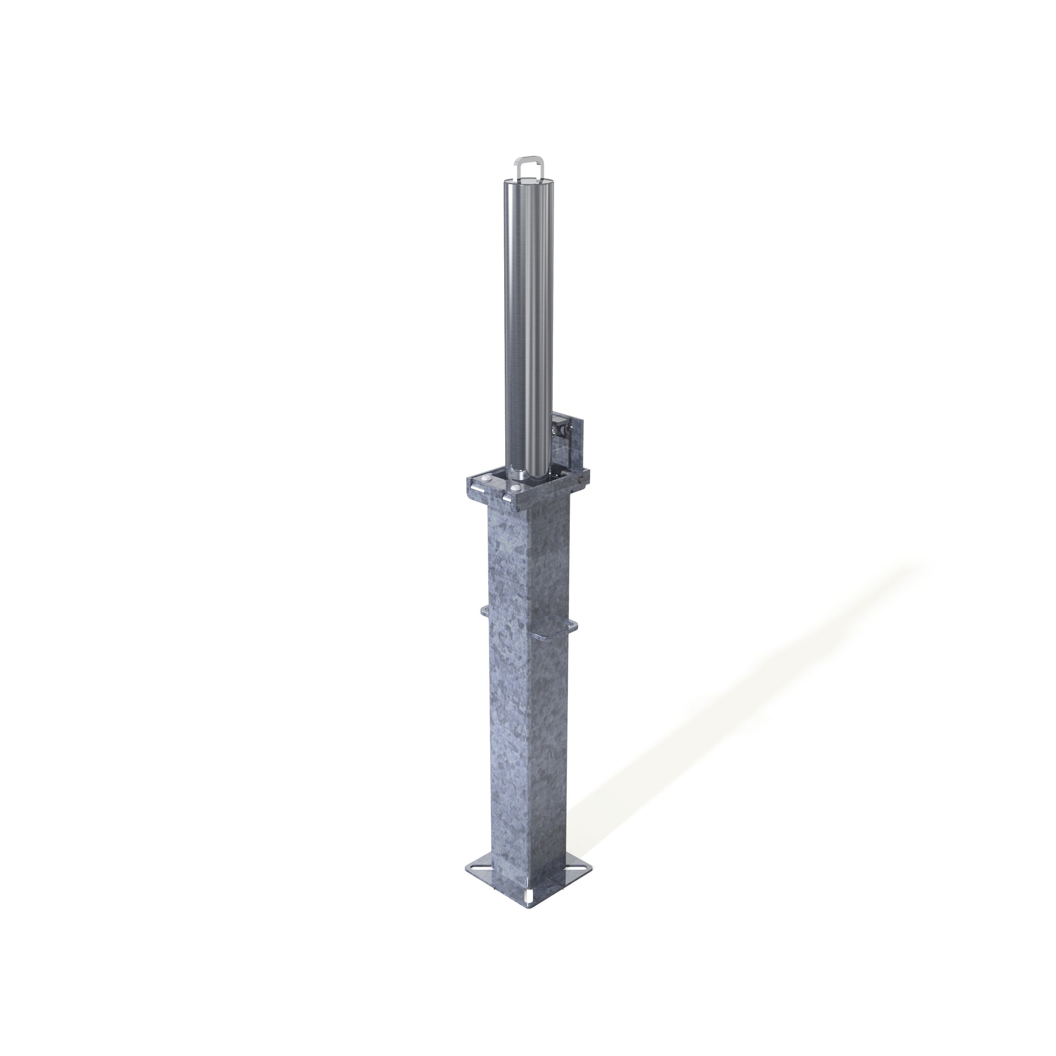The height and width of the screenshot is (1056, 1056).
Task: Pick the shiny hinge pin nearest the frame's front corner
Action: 508,499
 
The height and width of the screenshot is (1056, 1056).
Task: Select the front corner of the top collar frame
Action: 517,506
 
